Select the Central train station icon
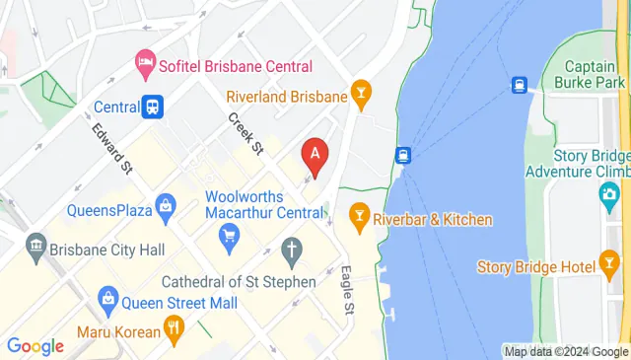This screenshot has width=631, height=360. click(153, 106)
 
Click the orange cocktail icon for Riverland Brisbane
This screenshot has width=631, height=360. click(362, 96)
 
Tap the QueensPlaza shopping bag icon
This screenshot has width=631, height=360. click(164, 209)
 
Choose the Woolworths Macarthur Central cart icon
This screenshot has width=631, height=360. click(230, 236)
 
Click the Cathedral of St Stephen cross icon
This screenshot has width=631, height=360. click(291, 252)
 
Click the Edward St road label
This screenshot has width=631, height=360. click(112, 147)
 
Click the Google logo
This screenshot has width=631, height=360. click(35, 345)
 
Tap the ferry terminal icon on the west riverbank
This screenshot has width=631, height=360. click(402, 155)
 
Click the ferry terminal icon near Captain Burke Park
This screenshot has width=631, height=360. click(519, 86)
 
